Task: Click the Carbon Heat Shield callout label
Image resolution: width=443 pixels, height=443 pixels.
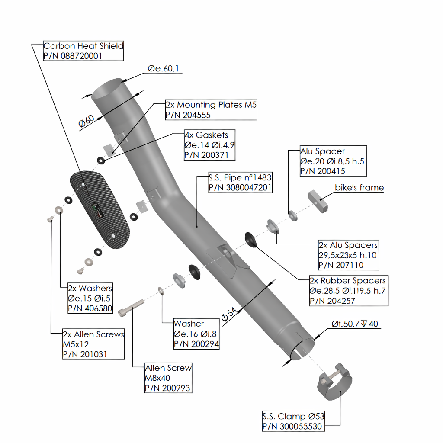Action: pos(83,46)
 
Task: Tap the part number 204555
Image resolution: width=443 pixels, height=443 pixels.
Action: pos(191,115)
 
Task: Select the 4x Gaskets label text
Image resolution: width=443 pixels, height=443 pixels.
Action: pos(206,135)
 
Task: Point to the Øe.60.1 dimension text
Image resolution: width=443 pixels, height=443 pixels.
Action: pos(163,69)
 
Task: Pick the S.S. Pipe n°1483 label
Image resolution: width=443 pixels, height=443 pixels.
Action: pos(240,177)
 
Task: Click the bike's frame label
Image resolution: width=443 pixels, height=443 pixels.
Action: pos(359,188)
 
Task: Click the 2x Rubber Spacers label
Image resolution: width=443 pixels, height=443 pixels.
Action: pos(347,280)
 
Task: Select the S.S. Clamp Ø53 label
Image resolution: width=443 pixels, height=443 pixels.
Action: pos(293,417)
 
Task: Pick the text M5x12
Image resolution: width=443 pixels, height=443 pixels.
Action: pos(76,344)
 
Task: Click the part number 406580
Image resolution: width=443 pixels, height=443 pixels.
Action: pos(90,308)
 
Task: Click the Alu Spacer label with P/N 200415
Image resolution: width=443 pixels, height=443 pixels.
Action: pos(322,151)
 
